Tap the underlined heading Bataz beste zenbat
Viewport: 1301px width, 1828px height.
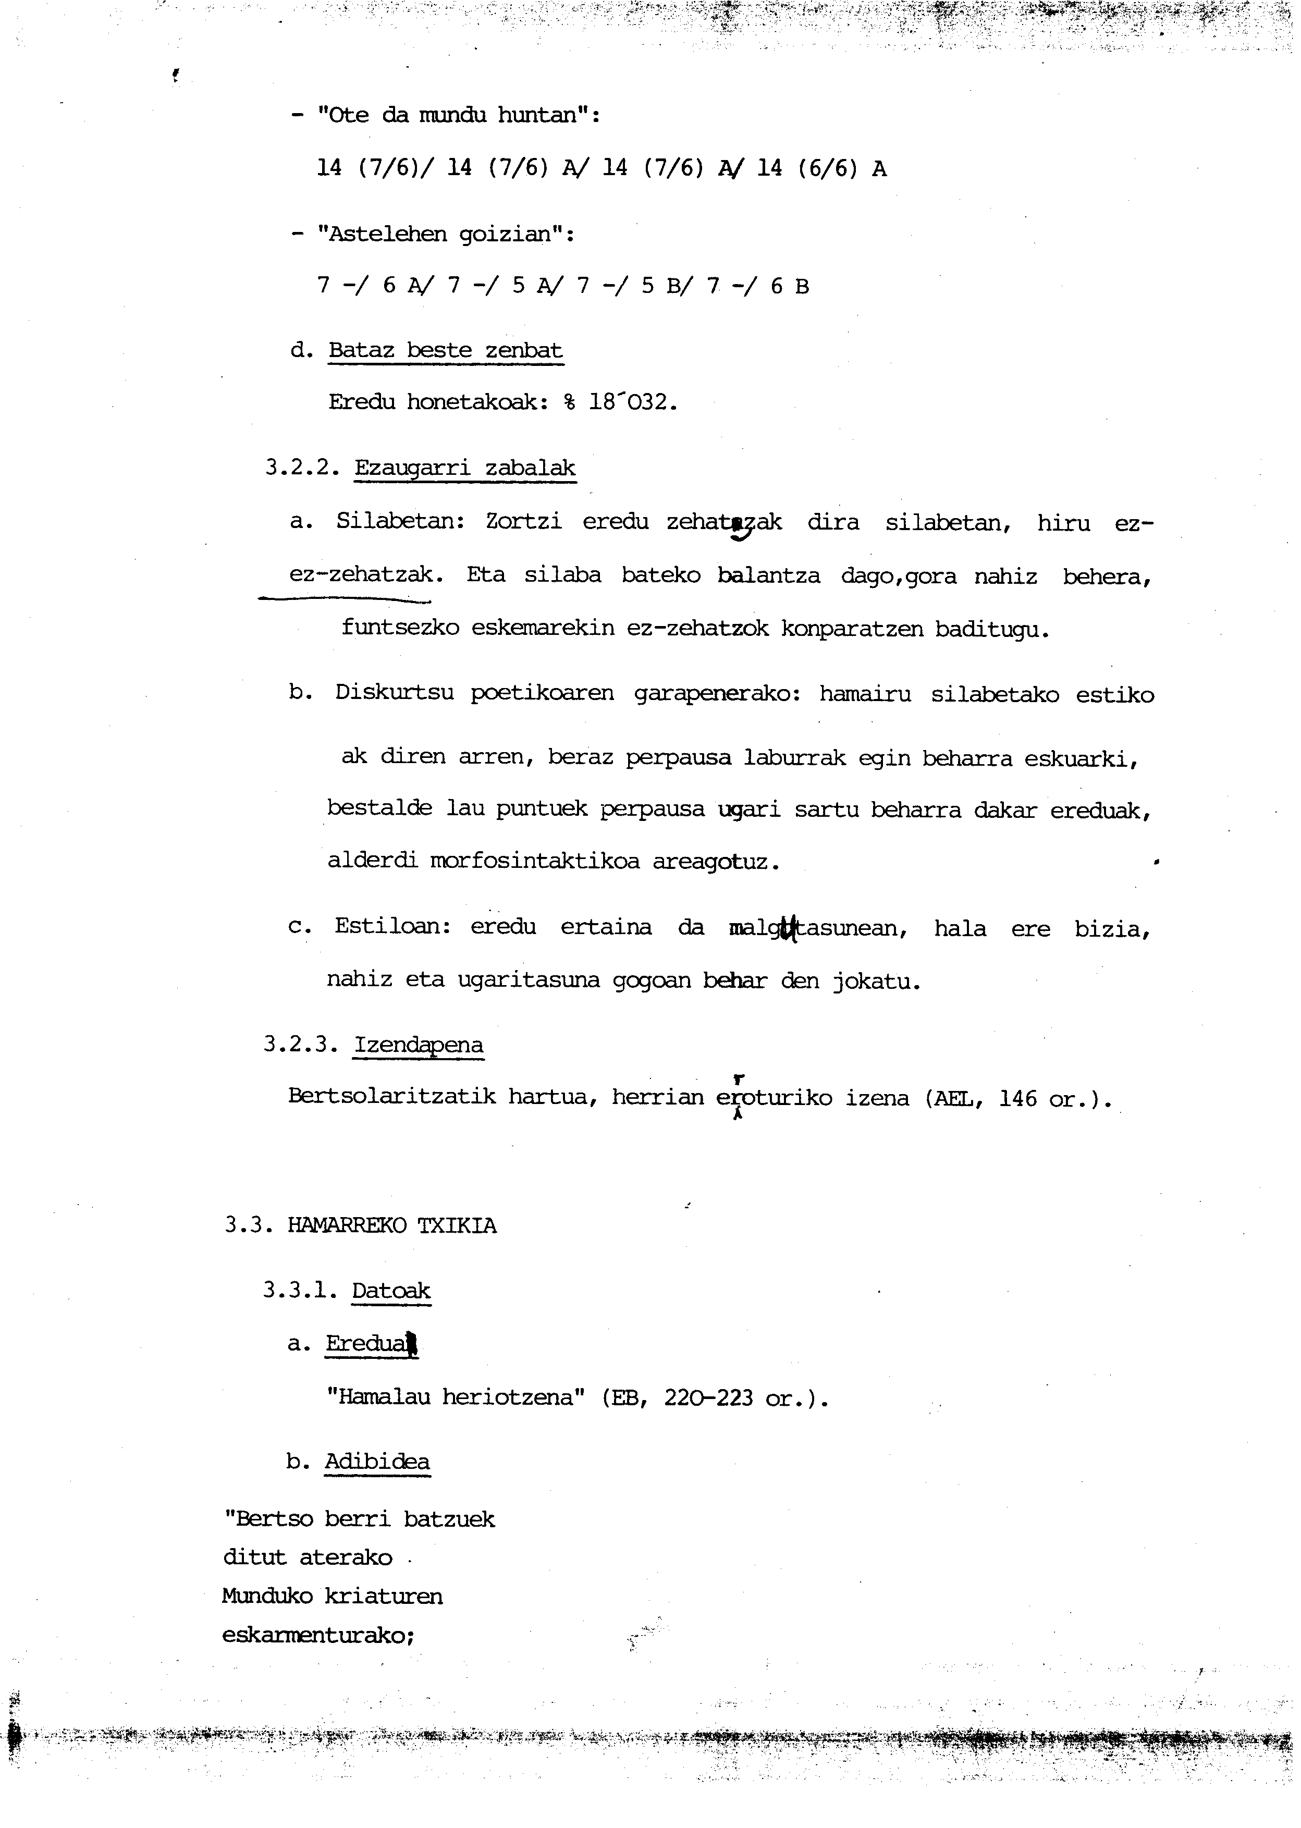446,351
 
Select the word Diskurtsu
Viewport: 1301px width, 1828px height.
394,694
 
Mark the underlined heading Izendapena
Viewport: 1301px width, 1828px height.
419,1046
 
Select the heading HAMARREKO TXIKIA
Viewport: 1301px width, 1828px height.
392,1225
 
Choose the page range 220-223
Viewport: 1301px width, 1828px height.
708,1398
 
